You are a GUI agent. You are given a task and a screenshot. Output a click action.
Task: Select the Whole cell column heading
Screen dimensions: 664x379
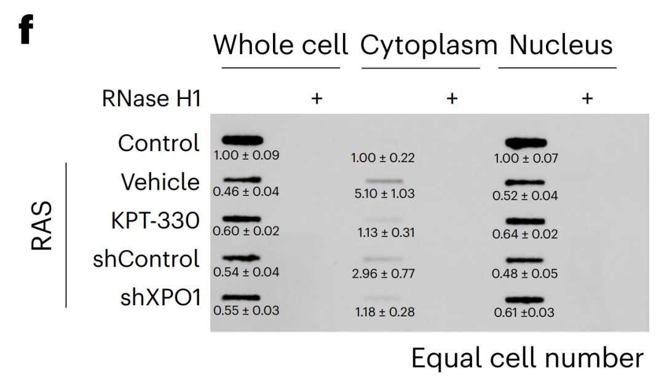pyautogui.click(x=280, y=45)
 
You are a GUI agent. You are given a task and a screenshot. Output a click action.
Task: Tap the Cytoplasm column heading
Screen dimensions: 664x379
pyautogui.click(x=429, y=45)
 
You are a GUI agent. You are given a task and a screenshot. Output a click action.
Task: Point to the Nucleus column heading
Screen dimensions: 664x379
pyautogui.click(x=561, y=45)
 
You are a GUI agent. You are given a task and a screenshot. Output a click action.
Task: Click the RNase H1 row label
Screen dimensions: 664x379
pyautogui.click(x=151, y=98)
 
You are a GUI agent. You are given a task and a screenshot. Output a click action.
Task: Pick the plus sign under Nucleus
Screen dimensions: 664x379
pyautogui.click(x=587, y=98)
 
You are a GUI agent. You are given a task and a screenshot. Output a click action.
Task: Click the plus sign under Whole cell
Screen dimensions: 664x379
pyautogui.click(x=317, y=98)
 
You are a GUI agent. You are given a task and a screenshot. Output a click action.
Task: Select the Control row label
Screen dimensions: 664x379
pyautogui.click(x=159, y=143)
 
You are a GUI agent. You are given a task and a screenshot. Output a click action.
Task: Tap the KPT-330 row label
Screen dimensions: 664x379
pyautogui.click(x=155, y=221)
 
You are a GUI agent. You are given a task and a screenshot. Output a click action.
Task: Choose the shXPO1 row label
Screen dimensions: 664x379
pyautogui.click(x=160, y=297)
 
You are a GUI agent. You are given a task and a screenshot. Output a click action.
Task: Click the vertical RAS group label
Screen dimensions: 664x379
pyautogui.click(x=42, y=225)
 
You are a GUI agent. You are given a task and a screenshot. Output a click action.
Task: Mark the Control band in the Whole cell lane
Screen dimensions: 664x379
pyautogui.click(x=243, y=141)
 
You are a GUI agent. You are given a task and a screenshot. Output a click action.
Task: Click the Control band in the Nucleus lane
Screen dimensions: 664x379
pyautogui.click(x=526, y=143)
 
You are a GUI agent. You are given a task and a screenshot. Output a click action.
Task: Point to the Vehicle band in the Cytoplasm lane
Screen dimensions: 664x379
pyautogui.click(x=384, y=181)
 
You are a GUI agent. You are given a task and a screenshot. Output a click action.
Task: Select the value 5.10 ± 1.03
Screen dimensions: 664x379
pyautogui.click(x=384, y=193)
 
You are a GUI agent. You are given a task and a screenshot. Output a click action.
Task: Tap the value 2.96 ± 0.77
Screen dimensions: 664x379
pyautogui.click(x=383, y=274)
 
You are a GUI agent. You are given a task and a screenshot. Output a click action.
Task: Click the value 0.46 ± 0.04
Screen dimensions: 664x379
pyautogui.click(x=246, y=192)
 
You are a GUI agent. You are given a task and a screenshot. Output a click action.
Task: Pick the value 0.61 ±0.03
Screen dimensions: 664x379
pyautogui.click(x=524, y=313)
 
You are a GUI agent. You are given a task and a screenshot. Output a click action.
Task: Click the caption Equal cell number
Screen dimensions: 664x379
pyautogui.click(x=528, y=358)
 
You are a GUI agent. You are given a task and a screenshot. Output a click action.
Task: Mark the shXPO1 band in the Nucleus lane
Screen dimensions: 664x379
pyautogui.click(x=524, y=300)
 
